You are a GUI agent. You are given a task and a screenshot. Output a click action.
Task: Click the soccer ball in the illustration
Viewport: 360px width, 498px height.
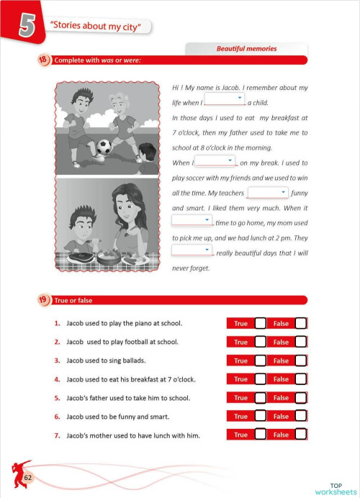click(x=104, y=147)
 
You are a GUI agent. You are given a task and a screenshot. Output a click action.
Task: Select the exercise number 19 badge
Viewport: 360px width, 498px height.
click(x=43, y=299)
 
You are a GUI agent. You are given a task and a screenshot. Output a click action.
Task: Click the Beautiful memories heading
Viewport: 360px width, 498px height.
click(x=246, y=49)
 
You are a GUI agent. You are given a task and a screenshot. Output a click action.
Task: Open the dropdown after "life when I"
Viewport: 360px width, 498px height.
click(x=225, y=99)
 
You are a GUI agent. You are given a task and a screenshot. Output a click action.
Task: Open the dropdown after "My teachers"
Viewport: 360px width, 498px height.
click(x=268, y=192)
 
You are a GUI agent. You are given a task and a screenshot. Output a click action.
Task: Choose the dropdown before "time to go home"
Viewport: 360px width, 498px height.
click(x=192, y=219)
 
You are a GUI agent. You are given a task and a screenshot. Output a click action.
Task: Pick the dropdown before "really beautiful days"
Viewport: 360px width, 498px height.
click(x=192, y=250)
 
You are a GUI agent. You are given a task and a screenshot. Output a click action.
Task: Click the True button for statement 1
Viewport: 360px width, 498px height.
click(x=240, y=324)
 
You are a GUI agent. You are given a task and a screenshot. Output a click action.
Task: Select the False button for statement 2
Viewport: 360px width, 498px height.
click(x=281, y=342)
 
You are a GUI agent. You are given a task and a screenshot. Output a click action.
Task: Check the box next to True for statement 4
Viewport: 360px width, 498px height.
click(x=261, y=379)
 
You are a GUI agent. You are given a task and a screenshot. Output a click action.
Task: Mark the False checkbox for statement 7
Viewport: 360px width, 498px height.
click(x=300, y=434)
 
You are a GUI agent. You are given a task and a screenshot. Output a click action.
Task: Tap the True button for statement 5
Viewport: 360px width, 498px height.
click(x=240, y=397)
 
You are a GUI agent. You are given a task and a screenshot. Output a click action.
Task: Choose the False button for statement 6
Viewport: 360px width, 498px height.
click(x=281, y=416)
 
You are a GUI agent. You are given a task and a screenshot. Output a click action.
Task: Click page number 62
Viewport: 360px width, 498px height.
click(x=29, y=477)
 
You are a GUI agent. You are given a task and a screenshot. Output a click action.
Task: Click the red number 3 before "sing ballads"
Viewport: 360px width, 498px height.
click(x=56, y=361)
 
